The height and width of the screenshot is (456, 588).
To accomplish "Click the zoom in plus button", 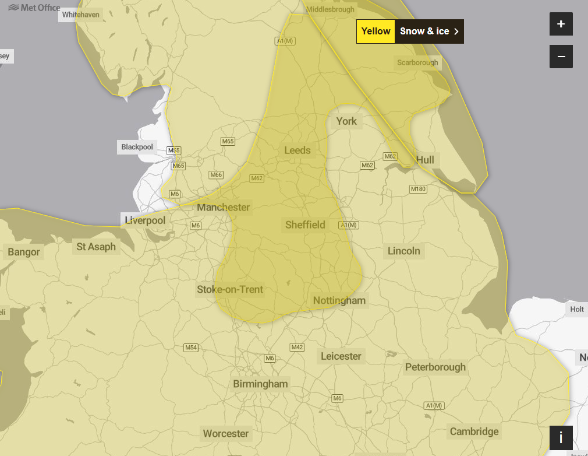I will [561, 24].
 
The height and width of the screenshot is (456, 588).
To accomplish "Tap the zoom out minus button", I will [561, 57].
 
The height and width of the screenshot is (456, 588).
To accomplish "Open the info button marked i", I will [561, 437].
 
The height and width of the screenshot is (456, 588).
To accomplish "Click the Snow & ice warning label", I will [429, 31].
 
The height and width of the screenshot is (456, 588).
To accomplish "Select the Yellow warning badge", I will [376, 31].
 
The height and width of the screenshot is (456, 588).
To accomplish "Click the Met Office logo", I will [34, 8].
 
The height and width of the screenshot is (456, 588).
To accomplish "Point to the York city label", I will [346, 121].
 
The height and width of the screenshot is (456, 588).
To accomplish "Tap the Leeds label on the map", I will [297, 150].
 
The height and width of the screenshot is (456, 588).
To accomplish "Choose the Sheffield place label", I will [305, 225].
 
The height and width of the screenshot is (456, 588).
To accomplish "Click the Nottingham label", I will [339, 301].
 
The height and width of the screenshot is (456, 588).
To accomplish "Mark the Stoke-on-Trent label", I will [230, 290].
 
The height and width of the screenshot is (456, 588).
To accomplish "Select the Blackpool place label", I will [137, 147].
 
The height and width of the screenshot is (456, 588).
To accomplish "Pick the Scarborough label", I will [417, 62].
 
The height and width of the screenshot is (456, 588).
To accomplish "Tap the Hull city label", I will [425, 160].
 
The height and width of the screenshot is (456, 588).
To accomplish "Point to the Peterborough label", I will [435, 367].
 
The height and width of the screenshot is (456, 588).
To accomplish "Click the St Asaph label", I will [96, 247].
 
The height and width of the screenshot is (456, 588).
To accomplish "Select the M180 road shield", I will [418, 189].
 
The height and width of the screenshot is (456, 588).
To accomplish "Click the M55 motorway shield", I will [173, 150].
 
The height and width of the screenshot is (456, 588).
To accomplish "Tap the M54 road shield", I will [191, 348].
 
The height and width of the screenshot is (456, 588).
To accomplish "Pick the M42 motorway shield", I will [297, 348].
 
